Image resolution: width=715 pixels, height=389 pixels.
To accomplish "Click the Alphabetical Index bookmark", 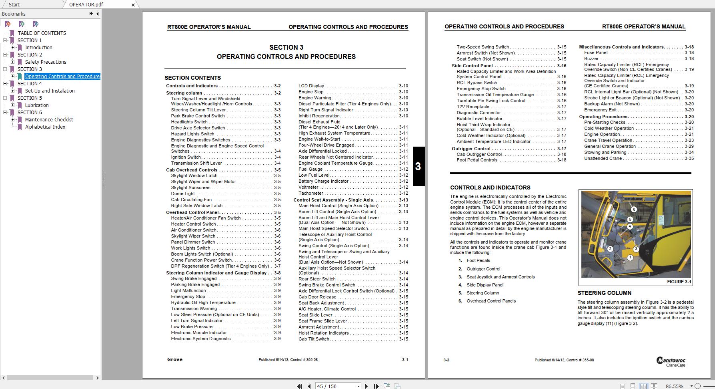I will pyautogui.click(x=45, y=127).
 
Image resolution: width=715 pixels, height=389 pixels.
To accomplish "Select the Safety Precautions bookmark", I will pyautogui.click(x=45, y=62).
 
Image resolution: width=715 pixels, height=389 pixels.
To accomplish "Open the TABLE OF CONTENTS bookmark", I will pyautogui.click(x=42, y=33).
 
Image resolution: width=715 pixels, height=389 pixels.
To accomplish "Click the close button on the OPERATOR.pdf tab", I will pyautogui.click(x=133, y=5).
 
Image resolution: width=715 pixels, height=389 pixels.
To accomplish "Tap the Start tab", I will pyautogui.click(x=14, y=4).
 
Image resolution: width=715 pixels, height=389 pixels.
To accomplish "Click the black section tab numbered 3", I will pyautogui.click(x=418, y=167).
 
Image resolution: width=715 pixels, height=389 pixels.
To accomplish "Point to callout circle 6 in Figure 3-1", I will pyautogui.click(x=634, y=210).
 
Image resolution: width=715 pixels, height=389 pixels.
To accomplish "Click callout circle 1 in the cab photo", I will pyautogui.click(x=630, y=258).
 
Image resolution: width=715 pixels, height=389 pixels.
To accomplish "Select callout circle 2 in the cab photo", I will pyautogui.click(x=610, y=249).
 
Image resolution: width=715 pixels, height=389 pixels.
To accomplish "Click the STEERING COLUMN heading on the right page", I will pyautogui.click(x=604, y=293).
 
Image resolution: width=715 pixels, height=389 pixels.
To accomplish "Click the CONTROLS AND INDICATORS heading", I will pyautogui.click(x=490, y=187).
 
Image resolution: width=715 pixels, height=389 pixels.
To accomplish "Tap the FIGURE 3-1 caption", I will pyautogui.click(x=679, y=282).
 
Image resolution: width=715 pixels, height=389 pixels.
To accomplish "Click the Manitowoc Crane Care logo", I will pyautogui.click(x=671, y=362).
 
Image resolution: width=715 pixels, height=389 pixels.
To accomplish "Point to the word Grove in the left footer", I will pyautogui.click(x=175, y=360).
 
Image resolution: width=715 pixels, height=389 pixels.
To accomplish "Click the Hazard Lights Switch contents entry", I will pyautogui.click(x=192, y=134).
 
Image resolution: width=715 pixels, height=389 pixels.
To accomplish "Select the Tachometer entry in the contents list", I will pyautogui.click(x=310, y=193).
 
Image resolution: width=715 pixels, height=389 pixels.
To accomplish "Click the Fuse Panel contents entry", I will pyautogui.click(x=596, y=53).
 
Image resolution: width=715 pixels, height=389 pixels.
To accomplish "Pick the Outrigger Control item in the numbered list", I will pyautogui.click(x=483, y=269).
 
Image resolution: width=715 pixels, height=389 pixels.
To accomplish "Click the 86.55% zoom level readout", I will pyautogui.click(x=674, y=386).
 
